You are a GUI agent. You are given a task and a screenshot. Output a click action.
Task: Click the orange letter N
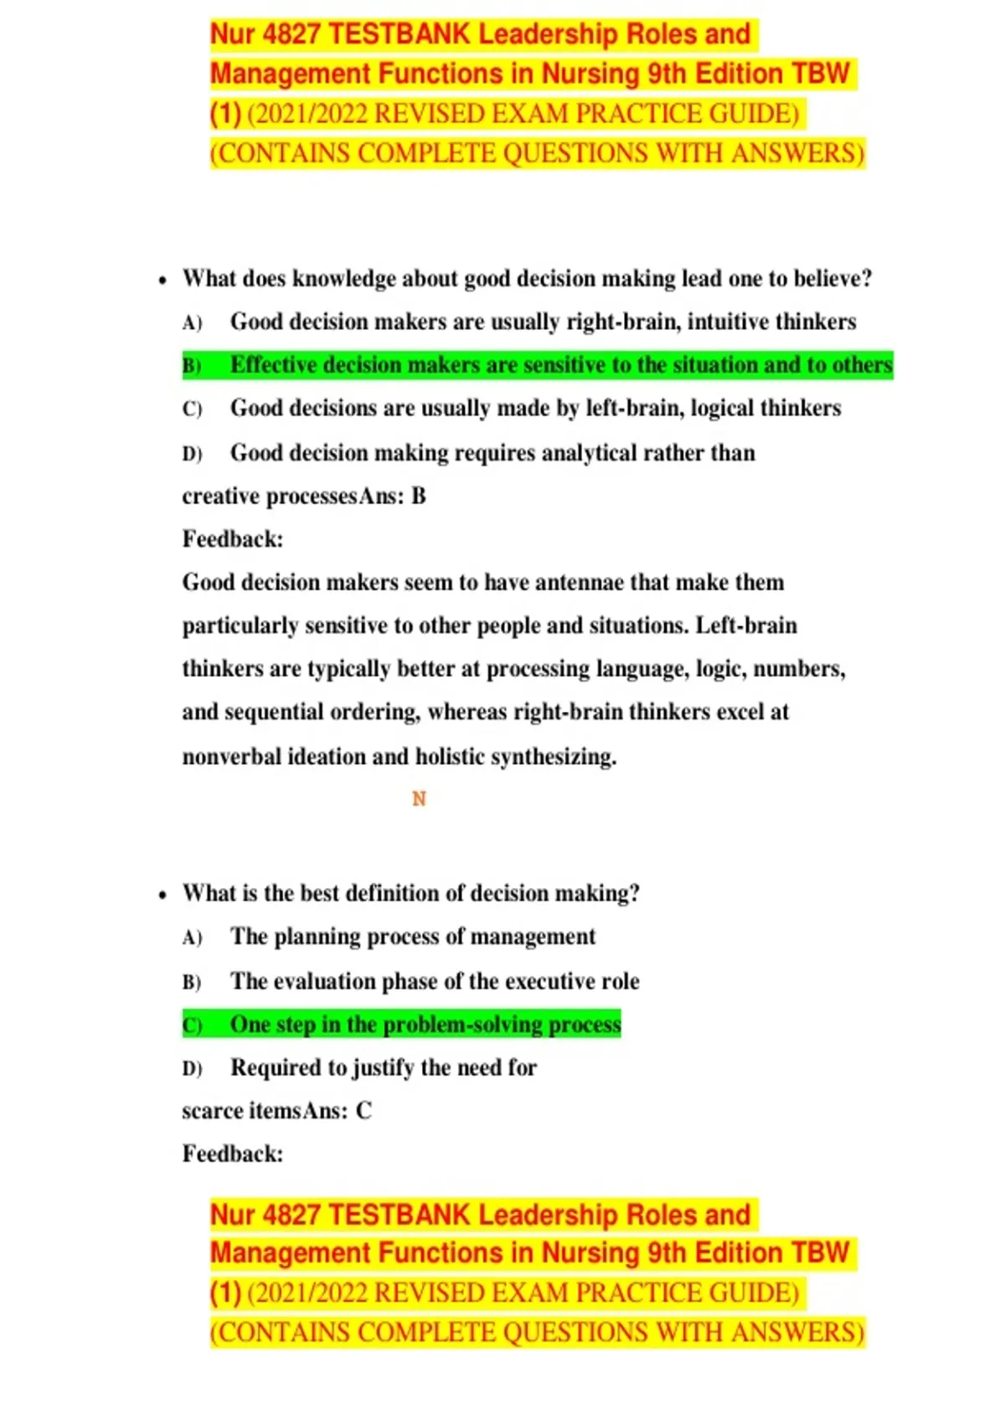[x=419, y=799]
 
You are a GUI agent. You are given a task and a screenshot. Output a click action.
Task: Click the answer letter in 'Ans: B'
[x=419, y=496]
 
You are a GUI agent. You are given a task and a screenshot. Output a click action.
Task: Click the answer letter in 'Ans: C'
[x=363, y=1111]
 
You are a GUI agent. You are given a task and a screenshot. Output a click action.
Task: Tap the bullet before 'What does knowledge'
[x=162, y=280]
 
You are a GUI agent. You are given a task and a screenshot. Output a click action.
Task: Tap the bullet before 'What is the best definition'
[x=162, y=895]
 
